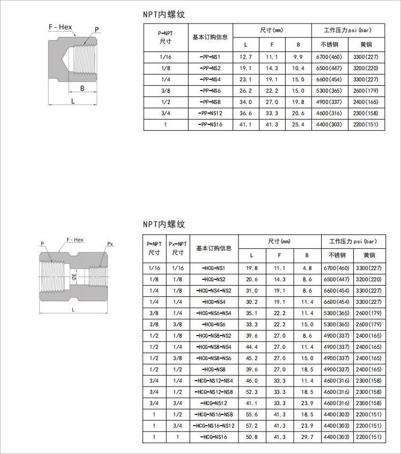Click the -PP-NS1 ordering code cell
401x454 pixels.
pyautogui.click(x=210, y=57)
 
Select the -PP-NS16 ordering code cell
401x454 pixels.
pyautogui.click(x=210, y=124)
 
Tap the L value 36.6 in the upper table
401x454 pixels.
pyautogui.click(x=246, y=113)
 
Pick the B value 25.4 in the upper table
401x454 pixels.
pyautogui.click(x=298, y=124)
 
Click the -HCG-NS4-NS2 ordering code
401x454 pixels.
pyautogui.click(x=213, y=291)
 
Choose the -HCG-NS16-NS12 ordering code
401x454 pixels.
pyautogui.click(x=213, y=426)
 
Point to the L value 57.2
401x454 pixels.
pyautogui.click(x=252, y=426)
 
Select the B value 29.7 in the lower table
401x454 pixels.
pyautogui.click(x=307, y=437)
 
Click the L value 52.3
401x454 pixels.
pyautogui.click(x=252, y=392)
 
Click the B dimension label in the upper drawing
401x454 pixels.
pyautogui.click(x=82, y=88)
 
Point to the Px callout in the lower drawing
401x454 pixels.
pyautogui.click(x=110, y=244)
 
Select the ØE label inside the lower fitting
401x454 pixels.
pyautogui.click(x=74, y=277)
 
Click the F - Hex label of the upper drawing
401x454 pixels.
pyautogui.click(x=60, y=27)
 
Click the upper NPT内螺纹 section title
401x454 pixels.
pyautogui.click(x=164, y=15)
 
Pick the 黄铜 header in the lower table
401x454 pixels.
pyautogui.click(x=369, y=255)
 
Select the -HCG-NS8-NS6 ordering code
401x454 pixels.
pyautogui.click(x=213, y=358)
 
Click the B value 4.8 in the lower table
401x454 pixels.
pyautogui.click(x=307, y=268)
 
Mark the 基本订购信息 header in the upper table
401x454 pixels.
pyautogui.click(x=210, y=38)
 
